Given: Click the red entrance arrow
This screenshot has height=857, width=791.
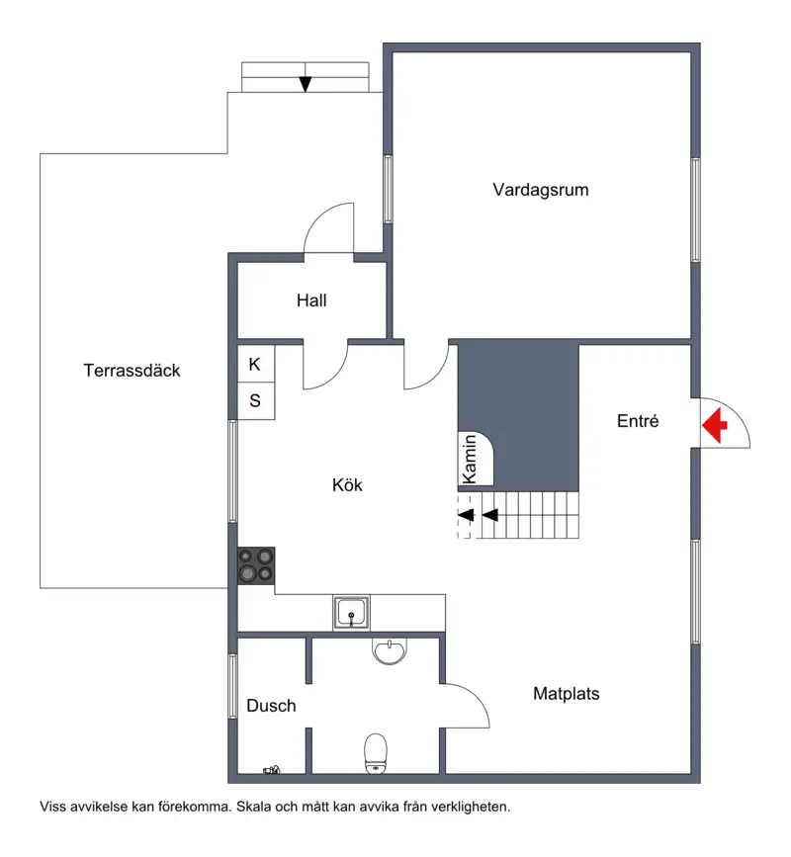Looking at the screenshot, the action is (x=714, y=425).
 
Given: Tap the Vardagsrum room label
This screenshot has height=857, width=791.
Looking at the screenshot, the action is (x=540, y=190).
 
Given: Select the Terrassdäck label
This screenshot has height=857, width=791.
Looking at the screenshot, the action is (x=132, y=371).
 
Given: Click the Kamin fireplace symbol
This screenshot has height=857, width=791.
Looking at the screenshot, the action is (x=475, y=458).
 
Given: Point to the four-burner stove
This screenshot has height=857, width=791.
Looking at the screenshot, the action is (x=256, y=565).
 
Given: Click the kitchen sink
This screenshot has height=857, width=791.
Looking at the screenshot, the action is (x=351, y=613).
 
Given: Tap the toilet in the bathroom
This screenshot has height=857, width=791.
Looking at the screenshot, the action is (x=376, y=753).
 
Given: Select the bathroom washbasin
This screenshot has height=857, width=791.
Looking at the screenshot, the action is (x=390, y=651).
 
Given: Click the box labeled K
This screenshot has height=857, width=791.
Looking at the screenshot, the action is (x=256, y=364).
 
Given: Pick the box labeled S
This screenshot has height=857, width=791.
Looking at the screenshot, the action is (x=256, y=400).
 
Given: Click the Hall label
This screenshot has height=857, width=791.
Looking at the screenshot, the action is (x=311, y=300).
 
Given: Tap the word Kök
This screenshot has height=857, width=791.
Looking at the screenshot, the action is (x=347, y=484).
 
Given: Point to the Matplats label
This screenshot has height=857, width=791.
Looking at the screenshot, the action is (x=567, y=694).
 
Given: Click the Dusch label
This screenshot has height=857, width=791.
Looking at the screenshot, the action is (x=271, y=706).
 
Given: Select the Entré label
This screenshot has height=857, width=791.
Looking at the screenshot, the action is (x=638, y=421).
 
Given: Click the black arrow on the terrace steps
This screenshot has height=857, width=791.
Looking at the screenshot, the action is (x=306, y=84).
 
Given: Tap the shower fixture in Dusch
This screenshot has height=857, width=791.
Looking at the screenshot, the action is (x=272, y=770).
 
